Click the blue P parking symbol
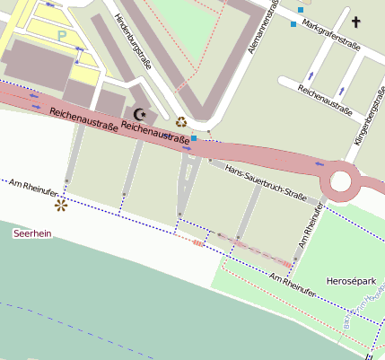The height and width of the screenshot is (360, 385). tap(62, 35)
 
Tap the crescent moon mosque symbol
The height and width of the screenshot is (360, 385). tap(139, 114)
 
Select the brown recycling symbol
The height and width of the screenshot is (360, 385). tap(181, 122)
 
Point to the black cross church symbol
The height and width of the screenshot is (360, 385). tap(355, 22)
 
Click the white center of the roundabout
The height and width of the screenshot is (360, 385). tap(342, 182)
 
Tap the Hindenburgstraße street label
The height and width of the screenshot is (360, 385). tap(130, 37)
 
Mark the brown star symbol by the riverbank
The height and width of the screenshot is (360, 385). tap(61, 206)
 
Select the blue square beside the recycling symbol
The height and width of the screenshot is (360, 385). tap(193, 138)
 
